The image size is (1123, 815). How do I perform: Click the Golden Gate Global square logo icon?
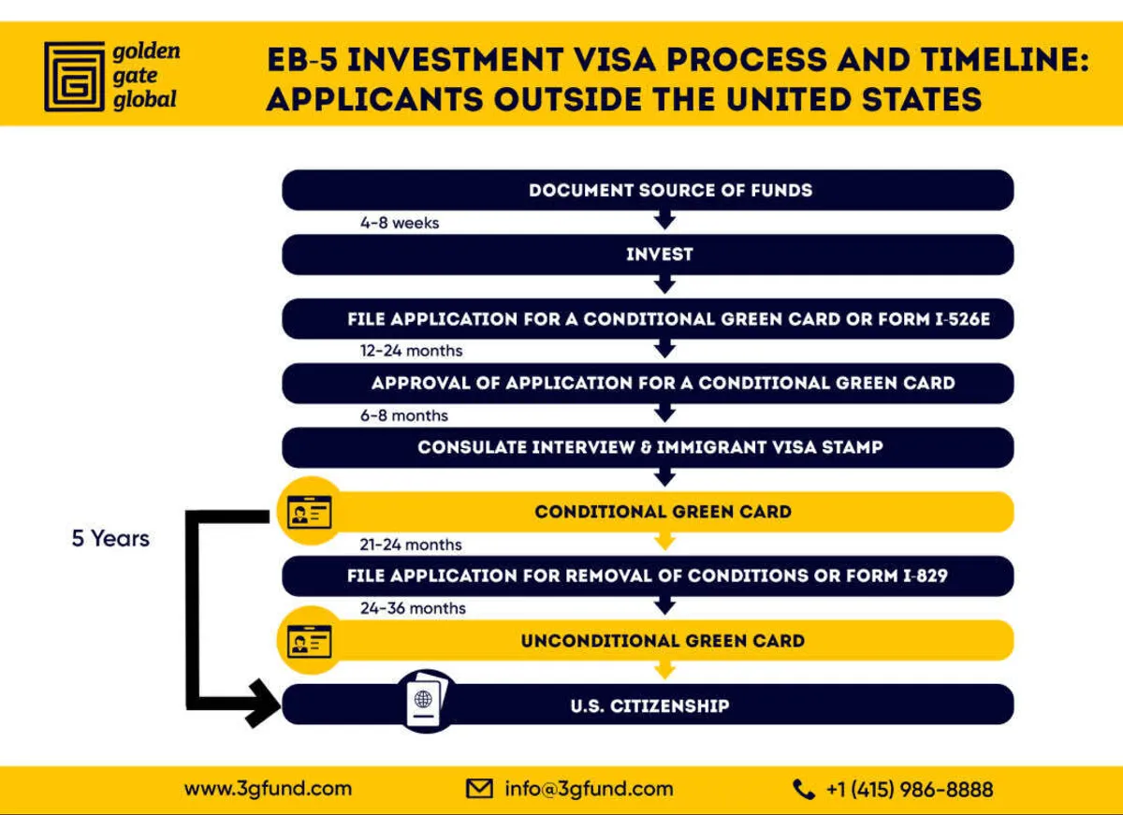tap(74, 75)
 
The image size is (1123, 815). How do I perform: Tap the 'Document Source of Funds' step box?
tap(648, 190)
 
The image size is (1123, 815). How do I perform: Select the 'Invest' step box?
tap(648, 255)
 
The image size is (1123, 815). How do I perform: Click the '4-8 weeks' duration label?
tap(400, 224)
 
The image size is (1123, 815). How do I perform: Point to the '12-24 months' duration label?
tap(411, 351)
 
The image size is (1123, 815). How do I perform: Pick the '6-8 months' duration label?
tap(404, 415)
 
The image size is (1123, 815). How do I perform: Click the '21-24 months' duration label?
tap(411, 545)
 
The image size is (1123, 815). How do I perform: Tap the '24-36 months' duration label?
tap(413, 608)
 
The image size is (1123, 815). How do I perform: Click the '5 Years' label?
tap(110, 539)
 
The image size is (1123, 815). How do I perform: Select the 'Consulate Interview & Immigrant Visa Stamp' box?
tap(648, 447)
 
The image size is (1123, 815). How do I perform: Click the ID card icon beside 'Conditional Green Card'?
tap(309, 513)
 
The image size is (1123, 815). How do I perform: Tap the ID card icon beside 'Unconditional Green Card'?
tap(309, 642)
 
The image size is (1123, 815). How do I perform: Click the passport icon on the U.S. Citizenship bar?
tap(427, 701)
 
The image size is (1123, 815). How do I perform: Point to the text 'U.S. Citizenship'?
tap(649, 706)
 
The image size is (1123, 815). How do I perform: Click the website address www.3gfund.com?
tap(268, 789)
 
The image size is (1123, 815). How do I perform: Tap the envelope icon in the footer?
tap(479, 789)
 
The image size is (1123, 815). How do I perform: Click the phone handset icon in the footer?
tap(803, 790)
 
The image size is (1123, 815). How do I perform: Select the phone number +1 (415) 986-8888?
tap(909, 790)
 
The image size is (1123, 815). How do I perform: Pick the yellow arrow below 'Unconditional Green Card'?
tap(664, 670)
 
